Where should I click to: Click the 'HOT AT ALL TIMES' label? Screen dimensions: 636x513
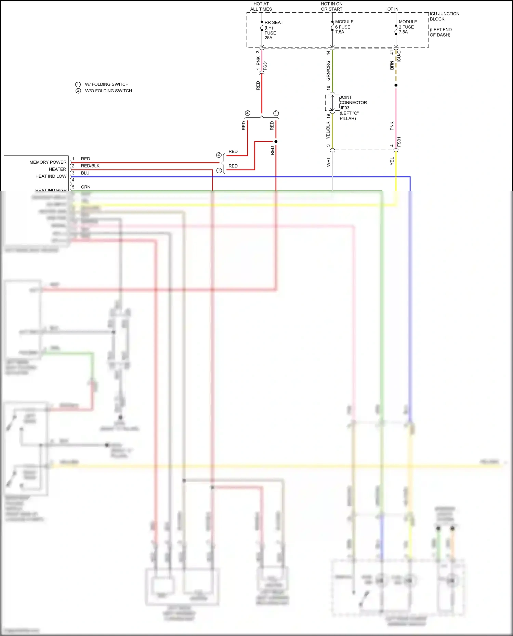pyautogui.click(x=261, y=6)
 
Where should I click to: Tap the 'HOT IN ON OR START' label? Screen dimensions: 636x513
pyautogui.click(x=331, y=6)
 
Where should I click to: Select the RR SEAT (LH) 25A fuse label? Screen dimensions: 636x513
pyautogui.click(x=273, y=30)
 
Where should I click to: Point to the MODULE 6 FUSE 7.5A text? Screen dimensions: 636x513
pyautogui.click(x=344, y=27)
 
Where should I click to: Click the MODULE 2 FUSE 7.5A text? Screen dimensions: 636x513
pyautogui.click(x=407, y=27)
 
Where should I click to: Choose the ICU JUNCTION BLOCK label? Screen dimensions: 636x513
pyautogui.click(x=444, y=16)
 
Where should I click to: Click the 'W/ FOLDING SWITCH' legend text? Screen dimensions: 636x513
pyautogui.click(x=106, y=84)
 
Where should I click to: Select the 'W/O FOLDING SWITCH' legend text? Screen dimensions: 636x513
pyautogui.click(x=108, y=91)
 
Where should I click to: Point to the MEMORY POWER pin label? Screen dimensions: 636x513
pyautogui.click(x=48, y=162)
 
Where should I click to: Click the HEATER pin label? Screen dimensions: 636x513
pyautogui.click(x=57, y=169)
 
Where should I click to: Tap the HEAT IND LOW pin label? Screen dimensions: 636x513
pyautogui.click(x=51, y=176)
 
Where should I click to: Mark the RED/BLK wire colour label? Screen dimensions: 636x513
pyautogui.click(x=90, y=166)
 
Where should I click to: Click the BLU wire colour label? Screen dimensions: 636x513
pyautogui.click(x=85, y=173)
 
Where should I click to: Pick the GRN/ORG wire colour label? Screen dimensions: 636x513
pyautogui.click(x=328, y=71)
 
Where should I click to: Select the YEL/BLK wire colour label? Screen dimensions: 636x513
pyautogui.click(x=328, y=131)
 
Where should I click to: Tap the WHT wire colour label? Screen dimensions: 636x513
pyautogui.click(x=329, y=162)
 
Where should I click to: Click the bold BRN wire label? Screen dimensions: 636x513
pyautogui.click(x=392, y=65)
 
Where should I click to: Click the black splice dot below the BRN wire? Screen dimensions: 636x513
pyautogui.click(x=396, y=85)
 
